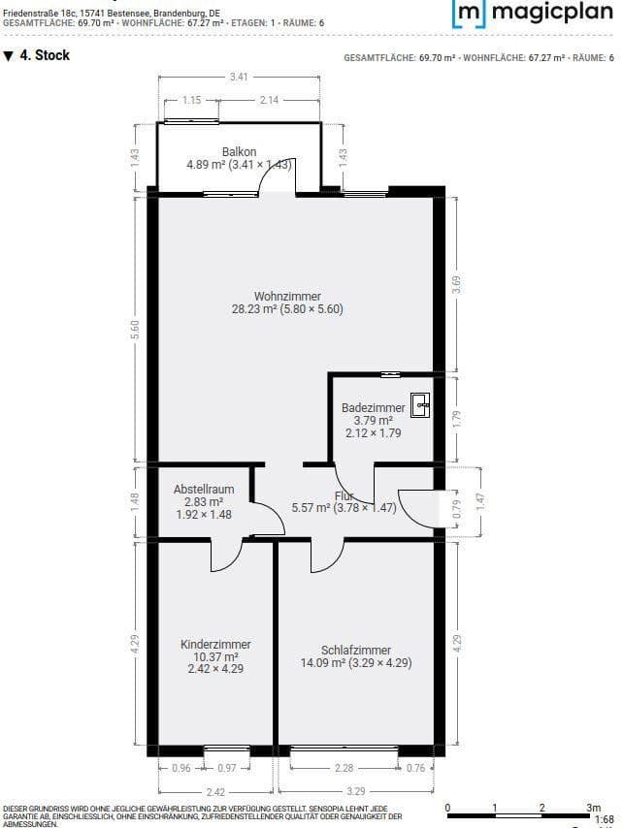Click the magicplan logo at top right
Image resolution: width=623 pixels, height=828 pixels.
533,13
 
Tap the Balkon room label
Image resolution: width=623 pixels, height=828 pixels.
239,151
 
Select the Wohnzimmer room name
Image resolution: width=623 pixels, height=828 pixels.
287,296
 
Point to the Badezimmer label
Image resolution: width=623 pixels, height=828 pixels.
373,408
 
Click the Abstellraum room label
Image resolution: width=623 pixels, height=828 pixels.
204,490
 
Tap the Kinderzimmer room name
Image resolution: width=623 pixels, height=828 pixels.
215,644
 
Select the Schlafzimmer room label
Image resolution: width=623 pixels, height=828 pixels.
356,651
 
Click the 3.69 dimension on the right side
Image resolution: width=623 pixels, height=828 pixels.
456,283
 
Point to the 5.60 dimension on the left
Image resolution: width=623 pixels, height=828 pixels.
136,329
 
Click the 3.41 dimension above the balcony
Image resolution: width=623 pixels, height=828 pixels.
238,77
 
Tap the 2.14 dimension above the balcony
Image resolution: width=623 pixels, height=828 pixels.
269,100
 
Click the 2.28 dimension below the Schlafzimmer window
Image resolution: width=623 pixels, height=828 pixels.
344,769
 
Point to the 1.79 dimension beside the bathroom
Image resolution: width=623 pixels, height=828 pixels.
456,419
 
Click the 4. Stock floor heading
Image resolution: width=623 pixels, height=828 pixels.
38,56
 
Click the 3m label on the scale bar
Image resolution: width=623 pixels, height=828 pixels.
594,807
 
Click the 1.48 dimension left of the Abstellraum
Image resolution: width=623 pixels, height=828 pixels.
136,501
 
